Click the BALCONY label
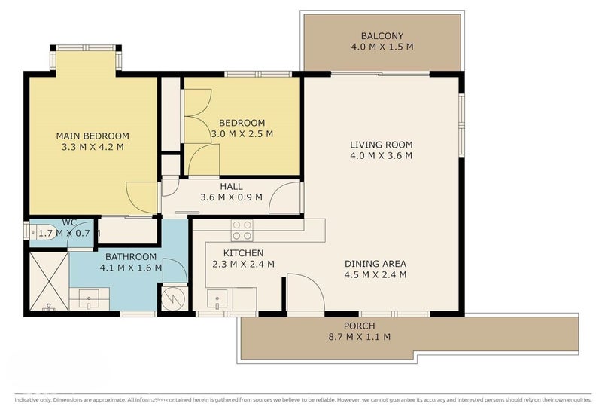[382, 36]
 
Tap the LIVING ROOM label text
[381, 145]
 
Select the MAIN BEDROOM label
[93, 136]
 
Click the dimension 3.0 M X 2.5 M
[242, 133]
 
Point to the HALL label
[231, 186]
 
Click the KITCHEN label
[243, 252]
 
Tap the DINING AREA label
[375, 264]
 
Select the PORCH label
[359, 326]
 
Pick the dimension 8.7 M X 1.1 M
[359, 337]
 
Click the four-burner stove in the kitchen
[242, 230]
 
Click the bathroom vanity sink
[89, 300]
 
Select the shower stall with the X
[48, 282]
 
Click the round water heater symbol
[172, 298]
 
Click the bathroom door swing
[175, 270]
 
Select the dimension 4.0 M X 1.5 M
[382, 47]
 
